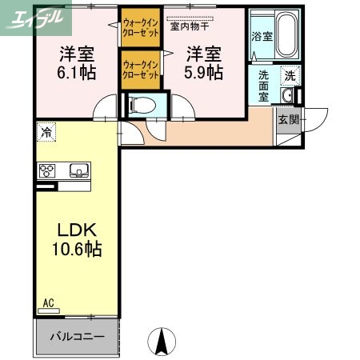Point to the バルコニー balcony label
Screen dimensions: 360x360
pos(77,337)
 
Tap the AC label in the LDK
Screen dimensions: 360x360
pos(48,303)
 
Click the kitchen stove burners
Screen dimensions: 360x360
pos(47,170)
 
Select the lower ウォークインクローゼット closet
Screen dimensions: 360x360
pos(139,69)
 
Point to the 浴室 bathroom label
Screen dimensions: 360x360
pos(262,36)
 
